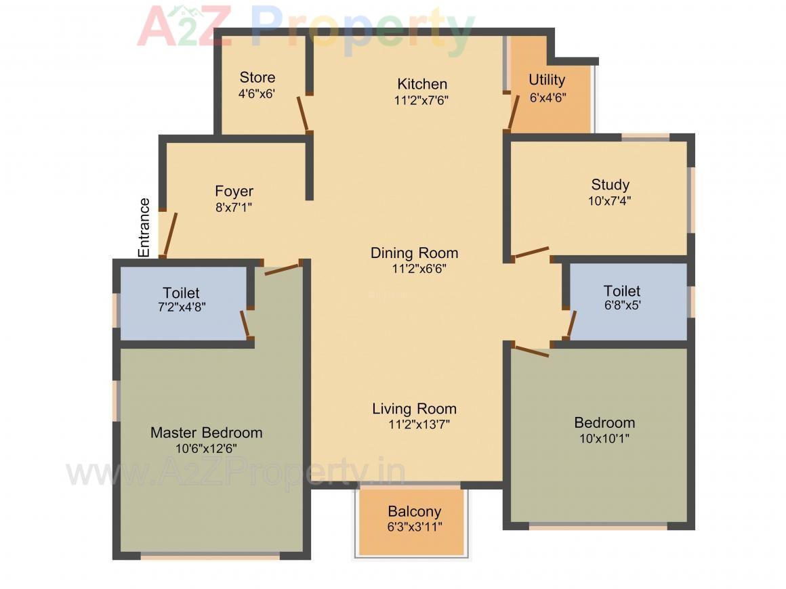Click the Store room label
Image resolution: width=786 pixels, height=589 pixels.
(257, 77)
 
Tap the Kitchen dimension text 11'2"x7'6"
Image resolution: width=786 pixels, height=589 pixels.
(422, 100)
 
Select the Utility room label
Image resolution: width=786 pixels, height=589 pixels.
(547, 80)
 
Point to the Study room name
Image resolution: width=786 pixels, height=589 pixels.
(610, 184)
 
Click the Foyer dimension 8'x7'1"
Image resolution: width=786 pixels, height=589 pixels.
(234, 207)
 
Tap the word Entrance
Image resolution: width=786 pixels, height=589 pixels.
(144, 227)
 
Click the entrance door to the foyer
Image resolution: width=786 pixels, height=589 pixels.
(169, 234)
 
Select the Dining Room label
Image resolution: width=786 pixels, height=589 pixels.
(414, 253)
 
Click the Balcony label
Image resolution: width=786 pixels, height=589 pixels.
(414, 511)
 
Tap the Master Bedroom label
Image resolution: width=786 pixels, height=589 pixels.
(206, 433)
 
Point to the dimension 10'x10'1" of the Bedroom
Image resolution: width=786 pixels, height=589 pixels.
(604, 438)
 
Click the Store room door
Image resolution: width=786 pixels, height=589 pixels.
(304, 114)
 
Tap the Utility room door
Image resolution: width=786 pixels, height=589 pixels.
(513, 113)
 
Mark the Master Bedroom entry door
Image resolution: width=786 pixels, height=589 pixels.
(281, 269)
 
